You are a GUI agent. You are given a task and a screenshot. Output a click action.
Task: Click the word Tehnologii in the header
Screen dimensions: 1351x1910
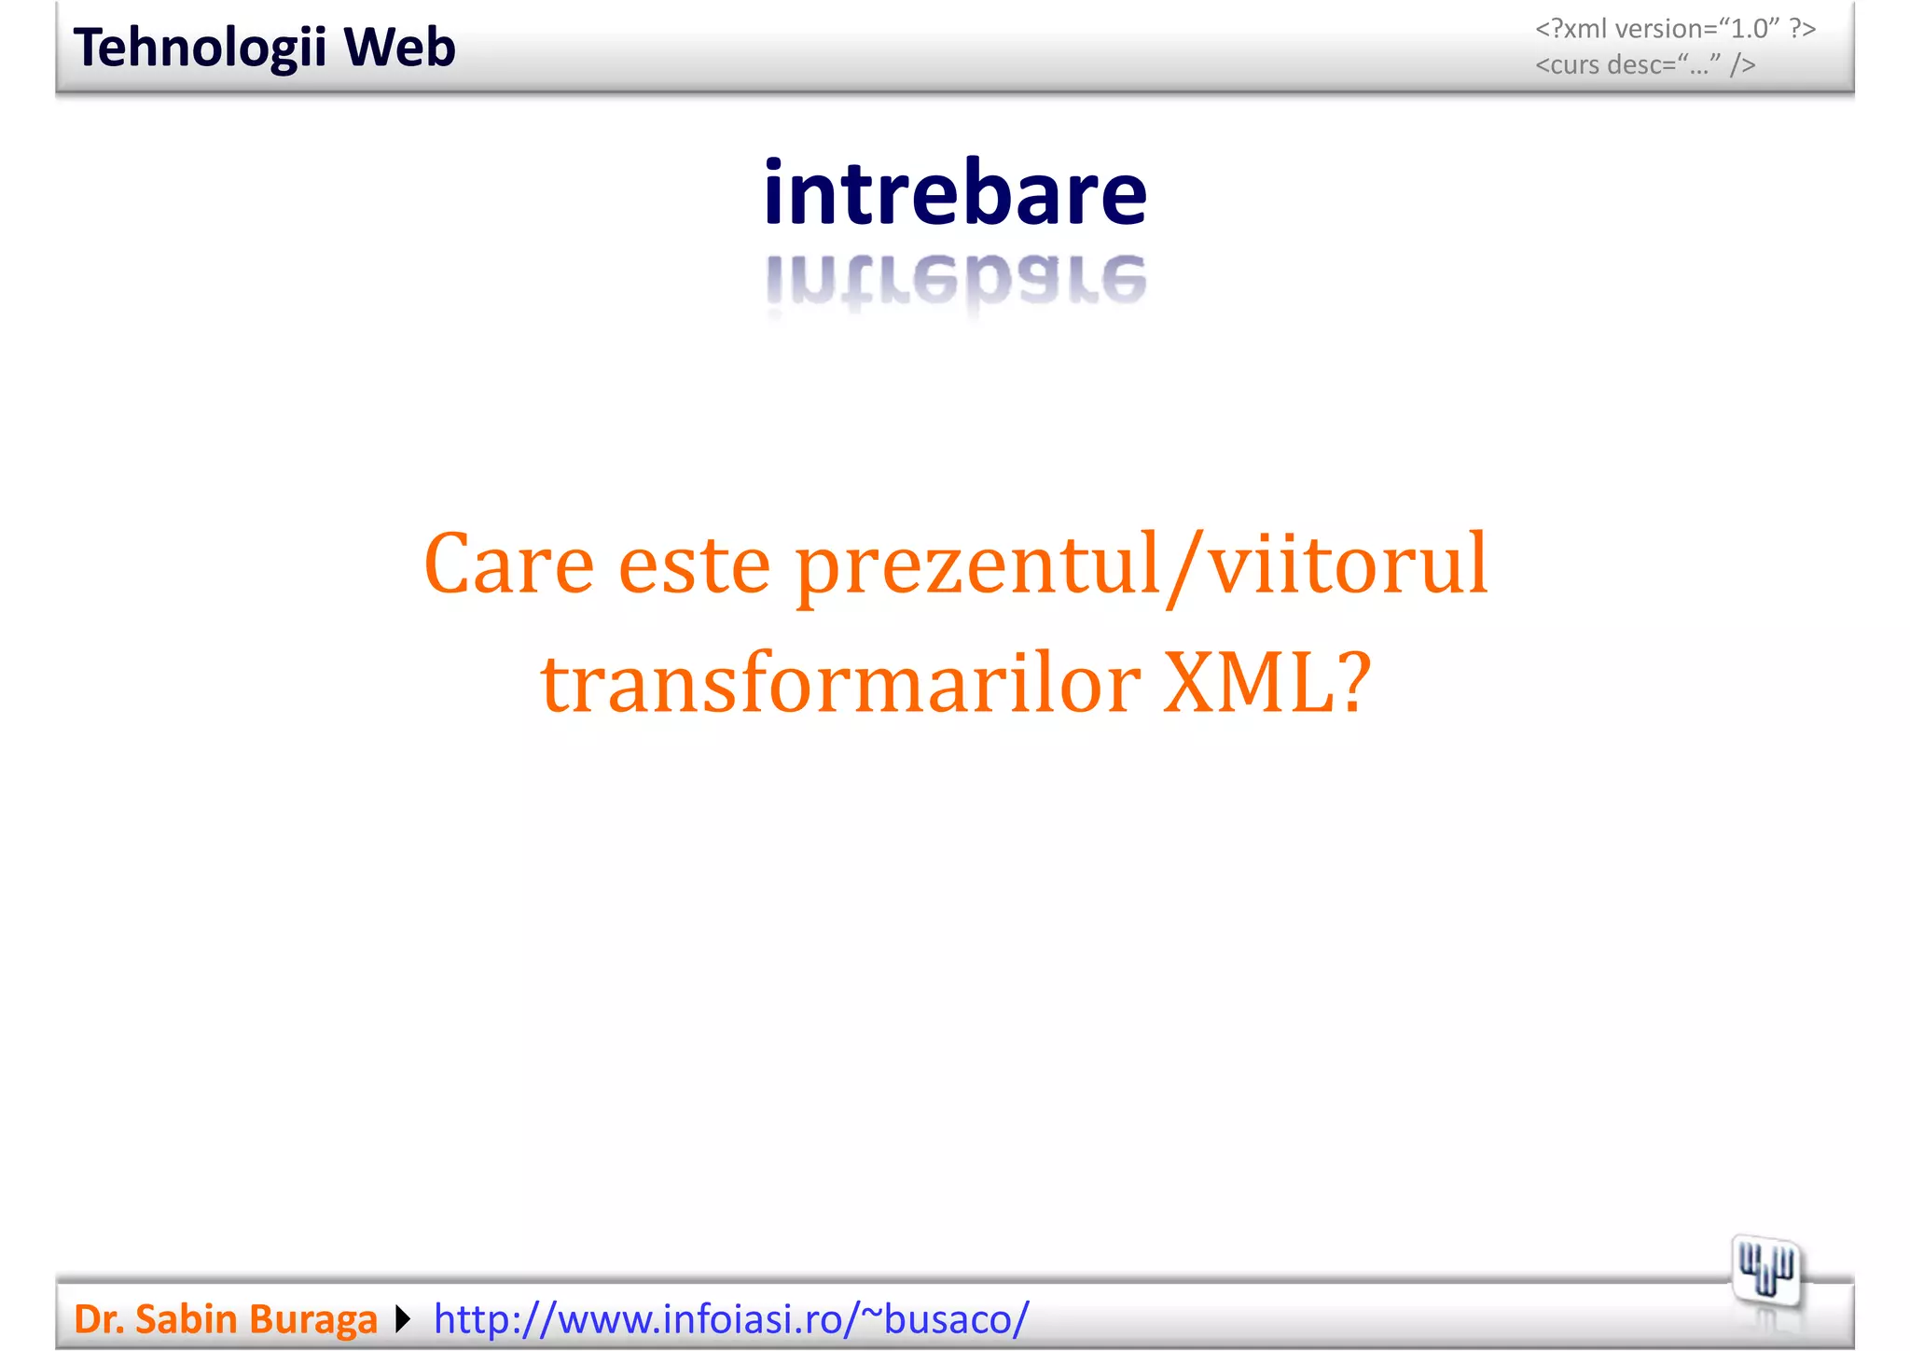[x=200, y=49]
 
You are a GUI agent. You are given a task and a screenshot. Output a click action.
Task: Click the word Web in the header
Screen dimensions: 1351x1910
[x=399, y=49]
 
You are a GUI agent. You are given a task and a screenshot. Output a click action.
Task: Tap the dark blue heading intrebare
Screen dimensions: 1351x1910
[x=954, y=193]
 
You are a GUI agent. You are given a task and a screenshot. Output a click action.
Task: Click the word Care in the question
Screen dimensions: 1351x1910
[x=508, y=564]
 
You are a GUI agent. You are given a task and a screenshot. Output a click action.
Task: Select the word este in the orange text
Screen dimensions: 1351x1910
[x=694, y=564]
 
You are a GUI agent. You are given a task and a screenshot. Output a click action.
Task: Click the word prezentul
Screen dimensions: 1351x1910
[x=977, y=564]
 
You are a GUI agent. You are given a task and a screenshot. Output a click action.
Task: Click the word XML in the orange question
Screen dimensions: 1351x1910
[x=1250, y=683]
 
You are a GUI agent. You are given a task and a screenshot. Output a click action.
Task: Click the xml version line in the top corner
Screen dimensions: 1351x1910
[x=1675, y=29]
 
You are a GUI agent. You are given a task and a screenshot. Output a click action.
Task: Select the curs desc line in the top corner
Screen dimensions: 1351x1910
[x=1645, y=65]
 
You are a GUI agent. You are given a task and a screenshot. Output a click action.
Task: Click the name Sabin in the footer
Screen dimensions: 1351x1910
[x=186, y=1319]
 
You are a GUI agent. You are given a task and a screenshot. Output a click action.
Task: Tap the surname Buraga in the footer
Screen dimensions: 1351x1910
[x=312, y=1319]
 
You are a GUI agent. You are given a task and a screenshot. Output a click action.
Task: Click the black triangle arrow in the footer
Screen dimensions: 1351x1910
[x=403, y=1319]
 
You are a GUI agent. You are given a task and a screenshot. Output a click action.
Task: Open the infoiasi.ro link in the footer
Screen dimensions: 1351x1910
[x=731, y=1319]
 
